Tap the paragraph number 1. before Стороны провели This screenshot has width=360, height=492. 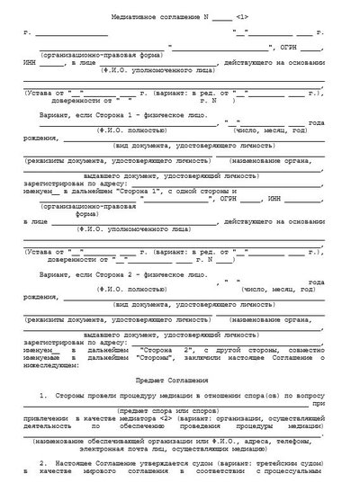point(44,396)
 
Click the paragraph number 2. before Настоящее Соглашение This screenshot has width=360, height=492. point(44,465)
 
